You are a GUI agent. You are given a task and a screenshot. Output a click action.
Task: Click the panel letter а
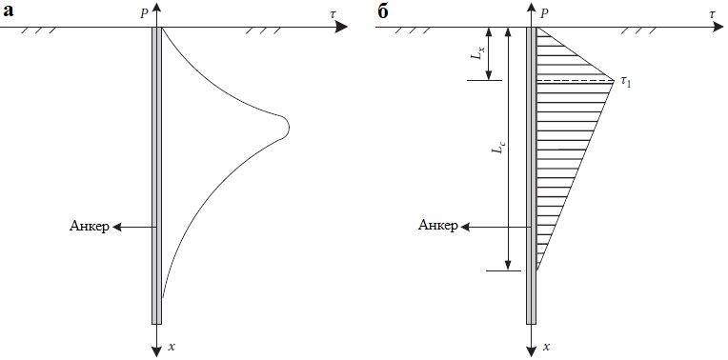coord(8,12)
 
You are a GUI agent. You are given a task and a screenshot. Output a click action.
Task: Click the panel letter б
coord(383,11)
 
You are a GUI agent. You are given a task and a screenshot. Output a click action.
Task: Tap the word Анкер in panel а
coord(90,227)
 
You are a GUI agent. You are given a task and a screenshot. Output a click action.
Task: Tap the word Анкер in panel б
coord(437,226)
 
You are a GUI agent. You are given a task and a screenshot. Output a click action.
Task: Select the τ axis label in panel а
coord(333,15)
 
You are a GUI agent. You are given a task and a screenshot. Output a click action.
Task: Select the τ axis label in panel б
coord(712,15)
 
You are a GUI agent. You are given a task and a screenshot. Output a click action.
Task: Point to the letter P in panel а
coord(145,14)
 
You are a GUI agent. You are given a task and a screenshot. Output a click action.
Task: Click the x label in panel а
coord(172,346)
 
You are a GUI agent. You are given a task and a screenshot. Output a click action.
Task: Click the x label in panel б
coord(547,346)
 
